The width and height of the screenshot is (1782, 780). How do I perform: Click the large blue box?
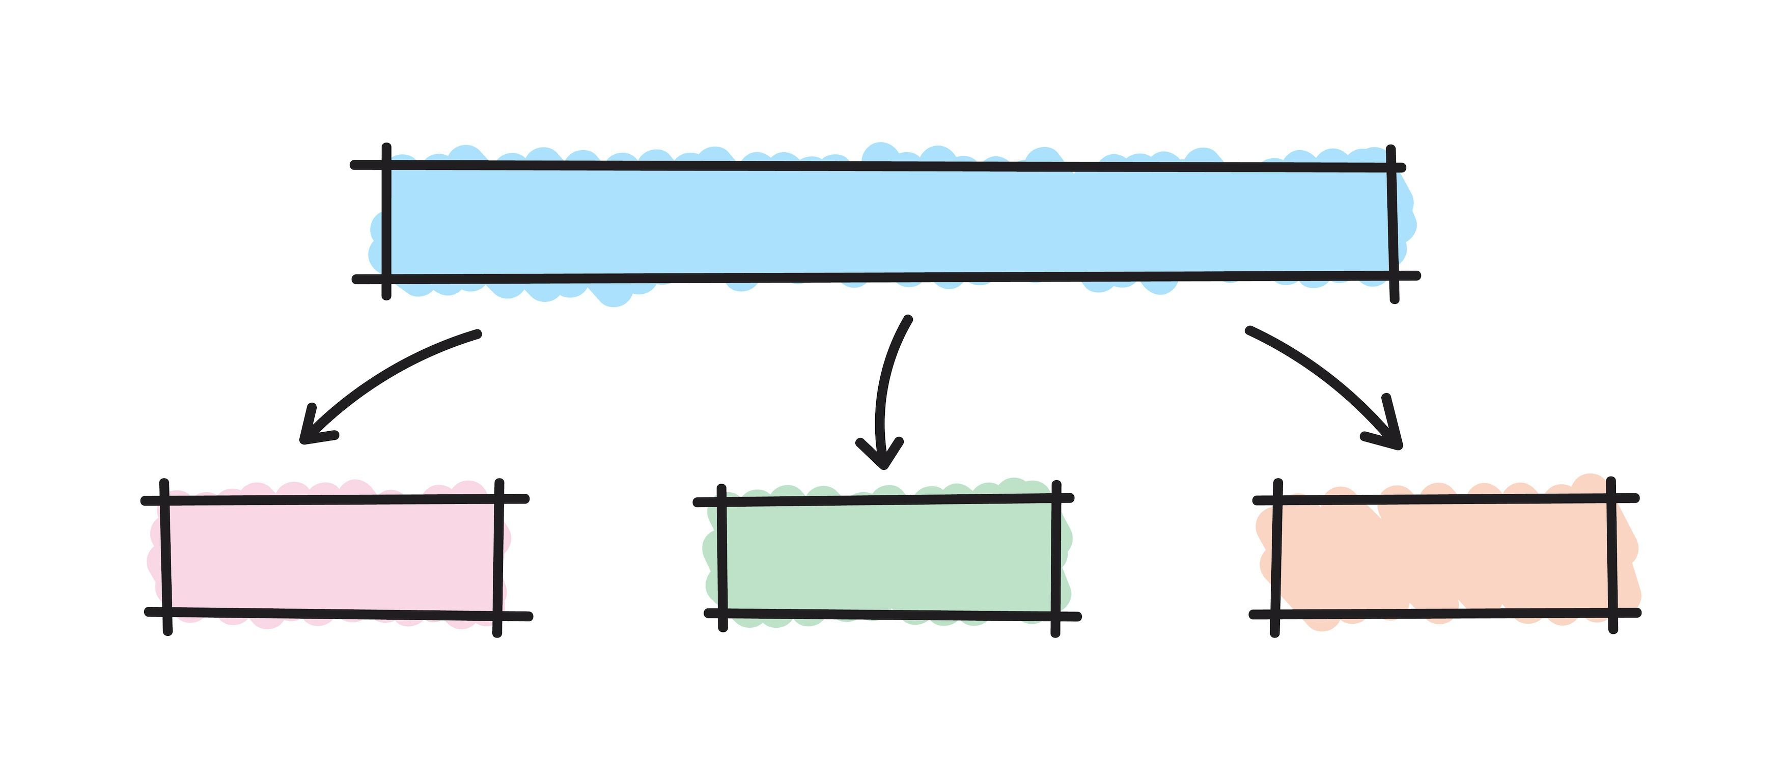888,222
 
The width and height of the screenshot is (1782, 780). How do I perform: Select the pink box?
332,556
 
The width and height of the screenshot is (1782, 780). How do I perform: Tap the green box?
888,556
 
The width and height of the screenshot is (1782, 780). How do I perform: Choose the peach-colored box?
1446,556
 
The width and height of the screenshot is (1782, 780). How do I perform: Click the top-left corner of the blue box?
387,165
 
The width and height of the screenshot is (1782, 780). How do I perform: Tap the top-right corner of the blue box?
1391,168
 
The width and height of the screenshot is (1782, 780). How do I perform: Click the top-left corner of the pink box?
164,499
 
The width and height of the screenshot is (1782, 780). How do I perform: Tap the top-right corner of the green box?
1055,498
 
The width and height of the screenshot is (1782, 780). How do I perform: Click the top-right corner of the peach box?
1611,498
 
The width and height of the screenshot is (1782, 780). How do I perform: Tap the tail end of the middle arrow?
908,319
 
